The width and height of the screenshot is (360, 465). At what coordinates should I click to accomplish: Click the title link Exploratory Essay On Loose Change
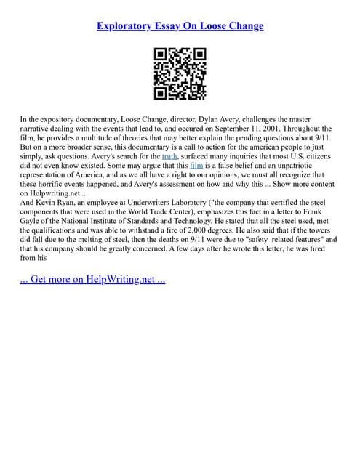(180, 26)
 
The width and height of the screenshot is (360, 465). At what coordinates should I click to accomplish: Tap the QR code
(180, 73)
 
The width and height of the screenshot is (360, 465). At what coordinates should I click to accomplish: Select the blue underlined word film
(196, 165)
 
